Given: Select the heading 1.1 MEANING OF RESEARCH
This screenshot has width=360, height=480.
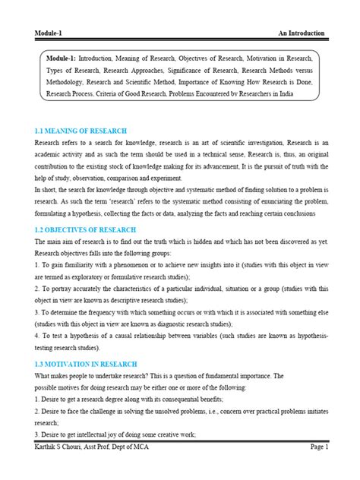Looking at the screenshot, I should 81,131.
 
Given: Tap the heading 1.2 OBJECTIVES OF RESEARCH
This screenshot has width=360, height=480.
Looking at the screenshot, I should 85,229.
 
